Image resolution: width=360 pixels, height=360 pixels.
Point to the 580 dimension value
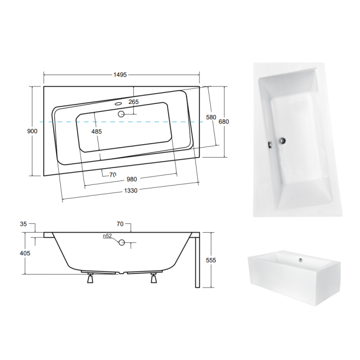(211, 117)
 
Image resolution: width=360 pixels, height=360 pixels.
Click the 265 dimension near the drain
(133, 102)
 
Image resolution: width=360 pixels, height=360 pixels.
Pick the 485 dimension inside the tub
(96, 131)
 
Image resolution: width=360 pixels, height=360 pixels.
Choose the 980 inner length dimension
(131, 180)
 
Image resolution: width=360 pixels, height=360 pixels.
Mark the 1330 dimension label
(131, 190)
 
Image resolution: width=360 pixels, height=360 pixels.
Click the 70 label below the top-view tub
(112, 175)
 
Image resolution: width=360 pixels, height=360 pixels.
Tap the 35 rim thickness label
(23, 224)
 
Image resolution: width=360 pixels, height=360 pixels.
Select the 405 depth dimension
(25, 253)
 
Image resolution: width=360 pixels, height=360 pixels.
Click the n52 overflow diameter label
(107, 236)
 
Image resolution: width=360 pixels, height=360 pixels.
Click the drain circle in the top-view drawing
(121, 113)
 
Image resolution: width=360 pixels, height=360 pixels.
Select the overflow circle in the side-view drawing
(121, 243)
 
